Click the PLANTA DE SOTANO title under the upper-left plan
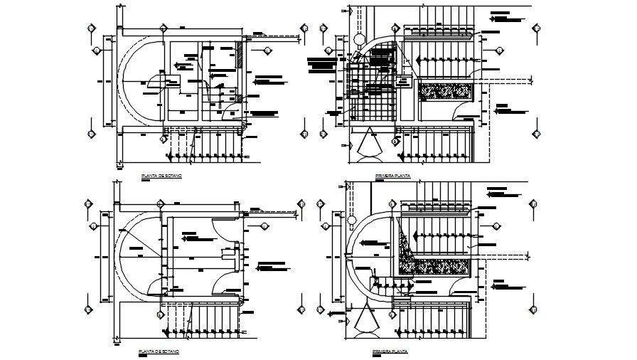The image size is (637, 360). pos(161,174)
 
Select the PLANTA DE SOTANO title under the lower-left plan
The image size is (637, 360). pos(160,351)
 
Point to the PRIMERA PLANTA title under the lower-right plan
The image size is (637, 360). pos(388,351)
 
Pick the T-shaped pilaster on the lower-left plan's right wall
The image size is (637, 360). pos(230,252)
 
